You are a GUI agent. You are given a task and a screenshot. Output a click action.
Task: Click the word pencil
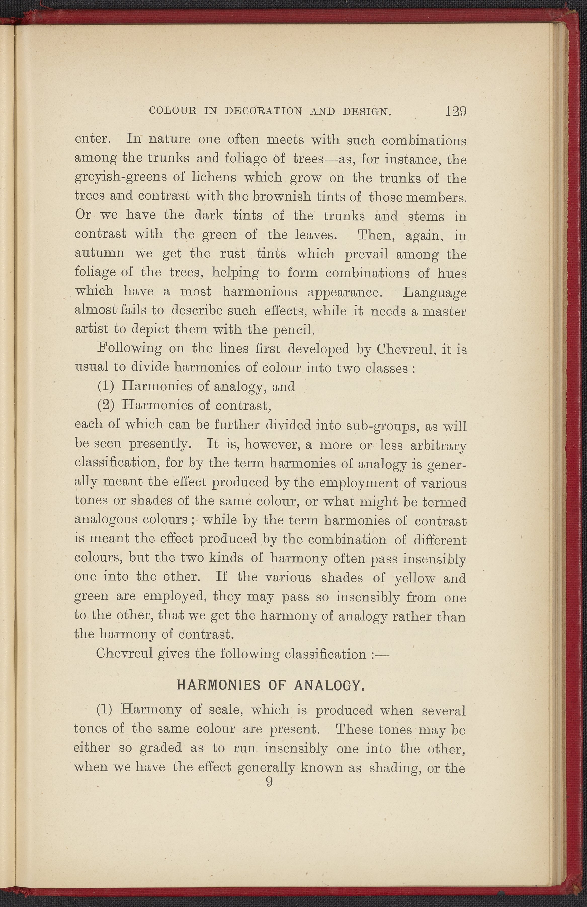(296, 329)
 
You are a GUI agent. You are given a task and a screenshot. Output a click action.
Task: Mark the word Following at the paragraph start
(130, 349)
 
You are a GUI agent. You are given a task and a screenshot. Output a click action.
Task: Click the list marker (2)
(106, 405)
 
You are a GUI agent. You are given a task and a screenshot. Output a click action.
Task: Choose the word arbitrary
(438, 445)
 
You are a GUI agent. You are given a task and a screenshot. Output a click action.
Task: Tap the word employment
(358, 483)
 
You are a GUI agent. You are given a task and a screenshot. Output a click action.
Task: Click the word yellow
(415, 578)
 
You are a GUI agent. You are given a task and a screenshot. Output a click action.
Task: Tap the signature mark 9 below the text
(269, 782)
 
